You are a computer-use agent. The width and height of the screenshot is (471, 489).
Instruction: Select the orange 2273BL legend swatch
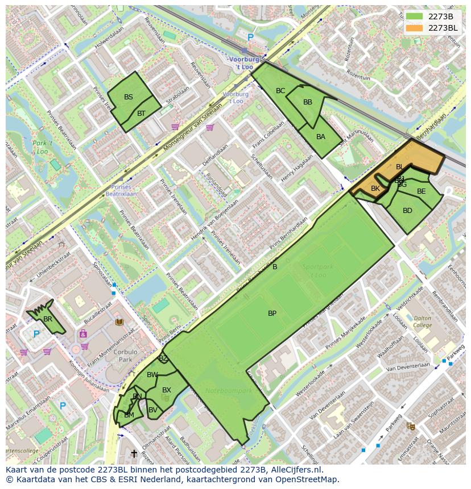415,28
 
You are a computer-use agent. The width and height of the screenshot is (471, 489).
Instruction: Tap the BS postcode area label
129,97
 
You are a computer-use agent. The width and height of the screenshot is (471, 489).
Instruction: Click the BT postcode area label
141,114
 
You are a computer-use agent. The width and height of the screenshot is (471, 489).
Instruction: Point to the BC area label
280,91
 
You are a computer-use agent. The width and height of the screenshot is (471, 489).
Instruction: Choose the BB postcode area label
308,102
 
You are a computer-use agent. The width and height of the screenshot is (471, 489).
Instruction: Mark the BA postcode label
321,137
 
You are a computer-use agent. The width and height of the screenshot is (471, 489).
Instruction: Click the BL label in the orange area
400,167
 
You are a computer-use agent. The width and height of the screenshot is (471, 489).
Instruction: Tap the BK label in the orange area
375,189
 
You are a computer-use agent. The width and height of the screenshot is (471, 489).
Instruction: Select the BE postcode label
421,191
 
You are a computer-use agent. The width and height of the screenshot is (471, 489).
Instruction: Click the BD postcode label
407,211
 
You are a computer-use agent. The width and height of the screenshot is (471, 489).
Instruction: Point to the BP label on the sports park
272,314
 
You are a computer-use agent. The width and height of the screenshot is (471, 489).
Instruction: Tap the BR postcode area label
48,319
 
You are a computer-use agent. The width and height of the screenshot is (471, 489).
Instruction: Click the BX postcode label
167,390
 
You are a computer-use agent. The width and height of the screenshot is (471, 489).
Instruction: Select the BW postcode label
152,375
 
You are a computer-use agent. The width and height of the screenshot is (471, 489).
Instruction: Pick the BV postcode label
153,410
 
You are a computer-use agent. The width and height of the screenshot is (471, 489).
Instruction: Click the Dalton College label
422,322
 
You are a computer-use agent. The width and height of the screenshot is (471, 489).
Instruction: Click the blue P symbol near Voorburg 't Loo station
250,37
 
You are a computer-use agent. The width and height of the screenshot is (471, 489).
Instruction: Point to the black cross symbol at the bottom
134,454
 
